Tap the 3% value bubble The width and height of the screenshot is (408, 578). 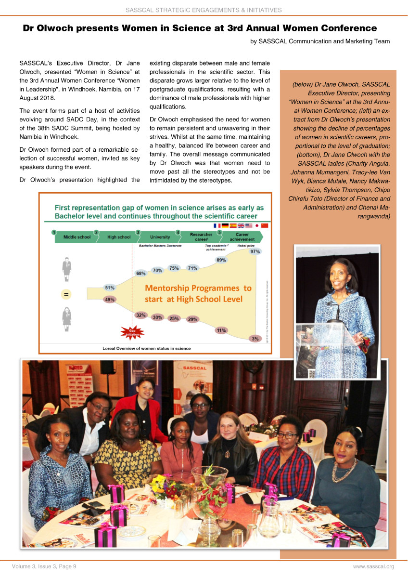[255, 339]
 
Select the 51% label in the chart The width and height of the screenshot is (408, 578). [110, 288]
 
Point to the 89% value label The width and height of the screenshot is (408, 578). [221, 260]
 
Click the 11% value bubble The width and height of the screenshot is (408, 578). [221, 330]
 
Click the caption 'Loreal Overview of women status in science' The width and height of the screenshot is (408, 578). [146, 348]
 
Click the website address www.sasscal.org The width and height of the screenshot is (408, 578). [373, 566]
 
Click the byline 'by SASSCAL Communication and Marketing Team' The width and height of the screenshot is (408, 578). [320, 41]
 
